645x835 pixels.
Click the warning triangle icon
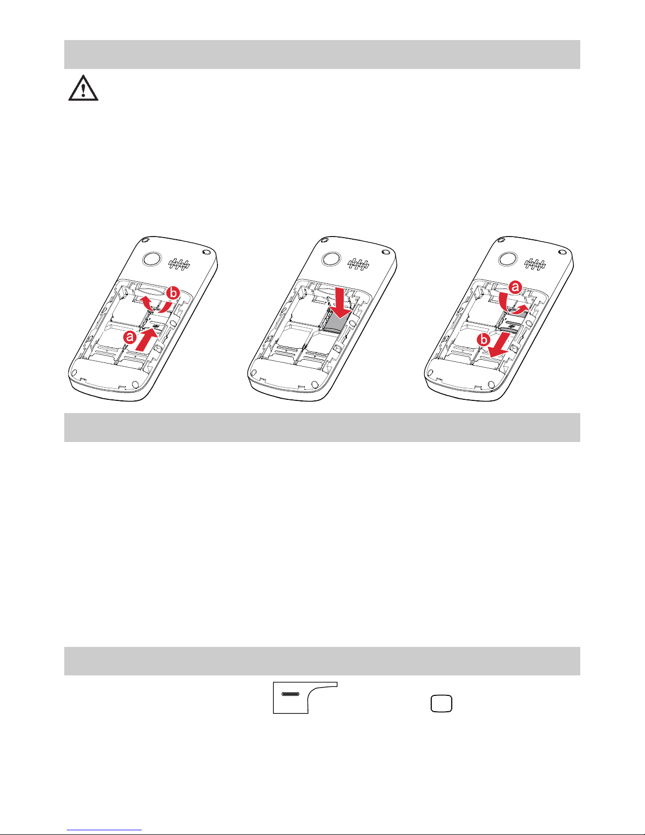tap(83, 89)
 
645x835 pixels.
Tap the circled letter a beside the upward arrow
tap(130, 337)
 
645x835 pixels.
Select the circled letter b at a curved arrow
tap(173, 293)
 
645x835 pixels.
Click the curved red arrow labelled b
tap(155, 306)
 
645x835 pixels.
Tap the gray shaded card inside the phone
tap(336, 320)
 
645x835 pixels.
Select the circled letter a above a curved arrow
tap(515, 287)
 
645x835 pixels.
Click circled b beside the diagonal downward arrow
tap(484, 340)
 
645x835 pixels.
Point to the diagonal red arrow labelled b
tap(499, 345)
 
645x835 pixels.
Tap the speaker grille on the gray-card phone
tap(358, 264)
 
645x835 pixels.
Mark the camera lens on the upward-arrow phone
tap(152, 259)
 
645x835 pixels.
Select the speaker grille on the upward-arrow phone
tap(179, 264)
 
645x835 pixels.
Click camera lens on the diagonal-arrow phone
tap(508, 259)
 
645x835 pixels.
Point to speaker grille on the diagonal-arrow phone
tap(535, 264)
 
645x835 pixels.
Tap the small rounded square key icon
tap(441, 704)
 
